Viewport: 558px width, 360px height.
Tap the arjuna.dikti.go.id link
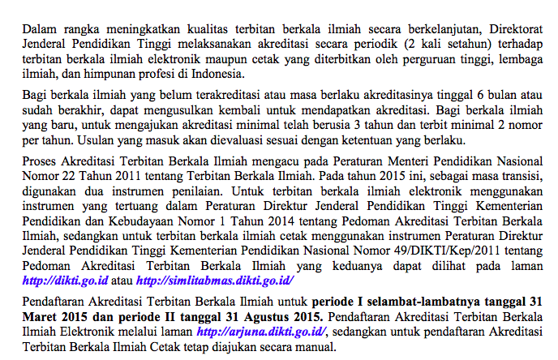[261, 332]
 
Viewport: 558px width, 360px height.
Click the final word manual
[313, 347]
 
